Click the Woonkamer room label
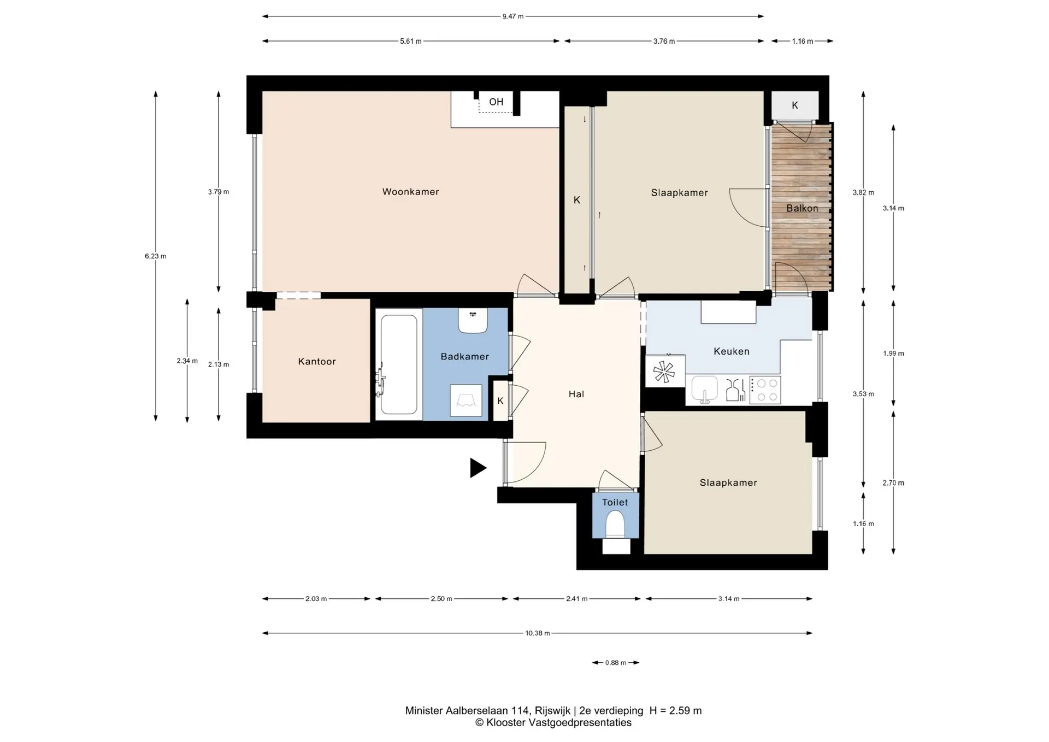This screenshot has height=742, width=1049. pos(410,192)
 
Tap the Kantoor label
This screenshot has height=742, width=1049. pos(317,362)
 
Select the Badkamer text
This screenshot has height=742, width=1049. pos(465,357)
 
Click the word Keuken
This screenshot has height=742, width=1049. pos(732,351)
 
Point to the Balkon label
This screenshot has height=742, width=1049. pos(802,208)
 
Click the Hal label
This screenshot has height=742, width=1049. pos(576,394)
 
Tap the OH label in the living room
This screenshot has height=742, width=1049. pos(496,102)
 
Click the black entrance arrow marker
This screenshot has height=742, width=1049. pos(478,468)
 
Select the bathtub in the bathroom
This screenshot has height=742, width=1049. pos(398,364)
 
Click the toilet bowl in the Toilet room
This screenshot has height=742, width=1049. pos(615,525)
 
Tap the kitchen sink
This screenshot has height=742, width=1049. pos(704,389)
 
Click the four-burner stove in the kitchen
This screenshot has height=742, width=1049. pos(765,390)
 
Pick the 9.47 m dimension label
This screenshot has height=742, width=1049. pos(513,16)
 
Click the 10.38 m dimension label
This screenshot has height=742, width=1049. pos(538,633)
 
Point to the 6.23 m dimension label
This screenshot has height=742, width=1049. pos(156,256)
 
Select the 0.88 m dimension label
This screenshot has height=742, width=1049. pos(616,663)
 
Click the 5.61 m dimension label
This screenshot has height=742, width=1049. pos(411,41)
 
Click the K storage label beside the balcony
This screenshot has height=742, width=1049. pos(795,105)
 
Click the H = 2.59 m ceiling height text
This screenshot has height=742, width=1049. pos(675,711)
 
